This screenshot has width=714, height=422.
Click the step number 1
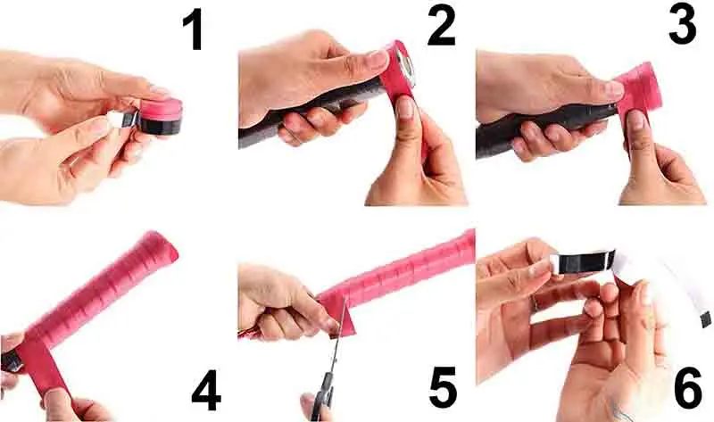(x=193, y=30)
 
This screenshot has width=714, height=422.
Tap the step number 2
(x=441, y=27)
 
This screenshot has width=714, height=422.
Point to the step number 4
(x=206, y=391)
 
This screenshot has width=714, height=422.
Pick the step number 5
(x=443, y=387)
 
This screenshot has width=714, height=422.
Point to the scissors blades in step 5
(x=337, y=336)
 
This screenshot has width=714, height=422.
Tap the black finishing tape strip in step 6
(x=583, y=261)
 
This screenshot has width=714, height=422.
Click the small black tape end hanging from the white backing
(x=706, y=319)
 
